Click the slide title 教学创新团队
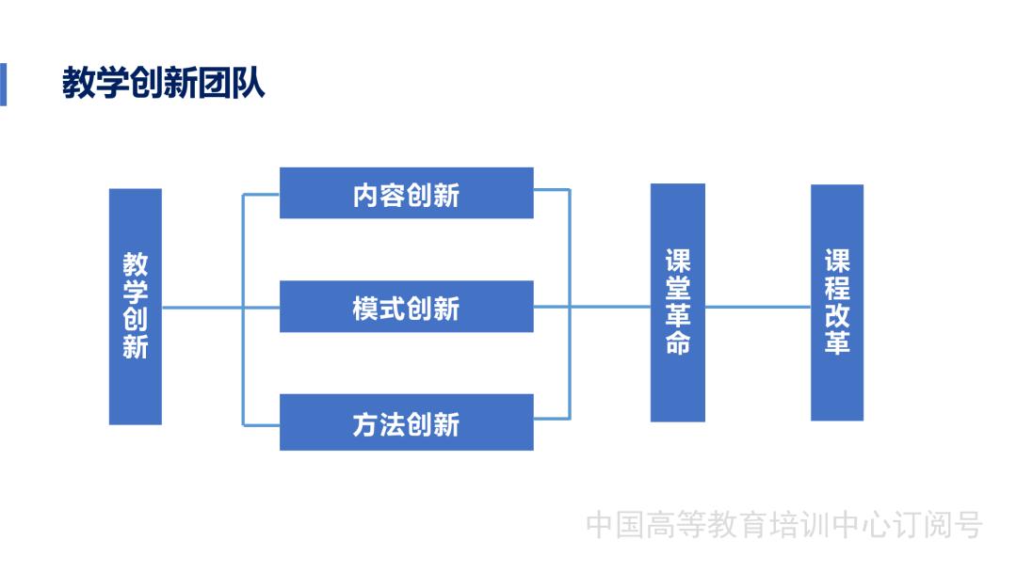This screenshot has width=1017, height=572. [164, 84]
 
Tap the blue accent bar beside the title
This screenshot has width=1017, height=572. [3, 84]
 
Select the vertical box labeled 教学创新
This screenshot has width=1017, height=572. [135, 307]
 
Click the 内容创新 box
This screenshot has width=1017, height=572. [406, 194]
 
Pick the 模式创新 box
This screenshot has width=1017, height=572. [406, 308]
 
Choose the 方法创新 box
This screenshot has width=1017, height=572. [406, 423]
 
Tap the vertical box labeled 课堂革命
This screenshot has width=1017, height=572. [677, 302]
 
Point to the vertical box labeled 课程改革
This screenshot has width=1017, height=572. [836, 302]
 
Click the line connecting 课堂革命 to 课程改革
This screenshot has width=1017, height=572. [757, 307]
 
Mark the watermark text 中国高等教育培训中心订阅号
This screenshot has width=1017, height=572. [783, 525]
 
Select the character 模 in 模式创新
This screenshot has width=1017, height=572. [366, 309]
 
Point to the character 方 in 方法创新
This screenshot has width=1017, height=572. [366, 424]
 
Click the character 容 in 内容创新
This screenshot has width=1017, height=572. [393, 195]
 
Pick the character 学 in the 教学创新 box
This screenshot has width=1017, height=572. [136, 292]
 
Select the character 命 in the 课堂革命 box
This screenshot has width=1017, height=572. [677, 342]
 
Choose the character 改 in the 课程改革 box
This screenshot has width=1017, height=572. [836, 315]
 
